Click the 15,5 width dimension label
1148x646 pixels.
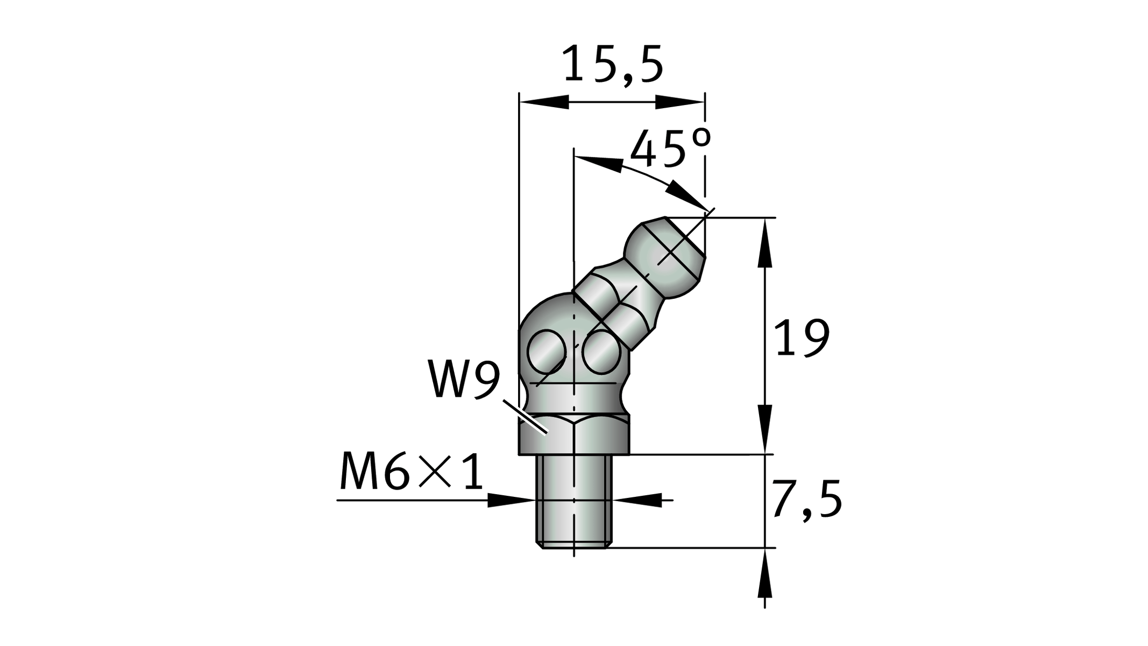point(613,65)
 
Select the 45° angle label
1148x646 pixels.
point(670,149)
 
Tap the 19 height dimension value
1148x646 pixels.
point(802,338)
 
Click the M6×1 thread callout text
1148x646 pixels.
point(412,472)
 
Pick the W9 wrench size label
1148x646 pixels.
point(464,380)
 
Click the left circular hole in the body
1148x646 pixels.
point(547,352)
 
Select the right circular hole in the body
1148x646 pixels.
point(601,353)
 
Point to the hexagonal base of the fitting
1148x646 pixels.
point(573,435)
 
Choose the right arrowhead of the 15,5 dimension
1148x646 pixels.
point(680,102)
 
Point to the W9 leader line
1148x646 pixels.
point(525,415)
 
